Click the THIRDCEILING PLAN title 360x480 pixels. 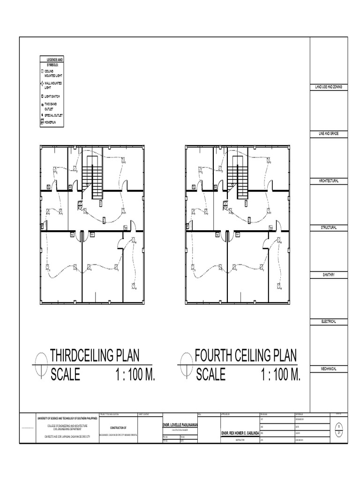click(x=95, y=355)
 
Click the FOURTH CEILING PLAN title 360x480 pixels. click(x=246, y=355)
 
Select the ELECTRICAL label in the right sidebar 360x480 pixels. click(x=328, y=322)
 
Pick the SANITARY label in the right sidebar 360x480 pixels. click(x=328, y=275)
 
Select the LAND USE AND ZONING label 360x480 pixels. click(x=328, y=88)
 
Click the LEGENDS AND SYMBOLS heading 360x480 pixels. click(x=53, y=61)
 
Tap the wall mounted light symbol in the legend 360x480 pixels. click(x=42, y=84)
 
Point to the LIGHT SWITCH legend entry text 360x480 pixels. click(x=52, y=96)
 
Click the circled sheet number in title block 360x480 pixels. click(x=338, y=430)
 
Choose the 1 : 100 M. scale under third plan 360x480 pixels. click(x=135, y=375)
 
